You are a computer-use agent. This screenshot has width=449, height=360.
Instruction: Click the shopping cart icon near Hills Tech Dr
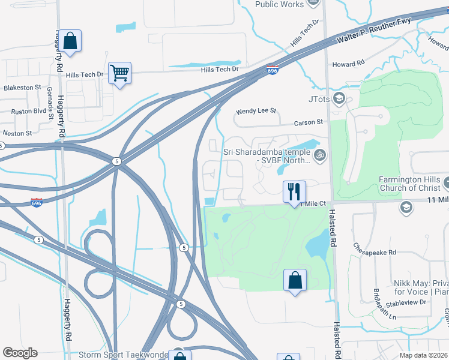click(x=119, y=73)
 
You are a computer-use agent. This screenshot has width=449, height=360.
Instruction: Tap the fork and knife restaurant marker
click(x=294, y=191)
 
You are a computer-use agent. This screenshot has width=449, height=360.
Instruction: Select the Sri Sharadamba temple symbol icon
click(x=321, y=155)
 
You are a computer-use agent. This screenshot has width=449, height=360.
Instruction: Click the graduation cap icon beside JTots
click(x=339, y=98)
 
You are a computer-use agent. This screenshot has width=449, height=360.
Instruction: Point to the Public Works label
click(x=279, y=4)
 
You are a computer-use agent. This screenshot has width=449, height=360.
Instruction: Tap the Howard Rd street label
click(x=349, y=63)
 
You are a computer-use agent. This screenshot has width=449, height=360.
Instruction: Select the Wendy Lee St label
click(x=256, y=111)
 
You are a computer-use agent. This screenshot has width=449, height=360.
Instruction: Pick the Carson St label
click(x=309, y=122)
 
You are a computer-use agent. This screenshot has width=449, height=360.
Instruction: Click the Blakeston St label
click(x=22, y=88)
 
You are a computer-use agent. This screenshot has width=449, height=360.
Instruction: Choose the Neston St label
click(x=17, y=133)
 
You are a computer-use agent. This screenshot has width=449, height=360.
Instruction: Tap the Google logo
click(x=20, y=353)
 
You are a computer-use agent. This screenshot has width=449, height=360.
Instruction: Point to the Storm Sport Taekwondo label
click(x=124, y=355)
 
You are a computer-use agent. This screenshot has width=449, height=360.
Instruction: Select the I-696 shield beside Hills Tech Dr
click(x=273, y=70)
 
